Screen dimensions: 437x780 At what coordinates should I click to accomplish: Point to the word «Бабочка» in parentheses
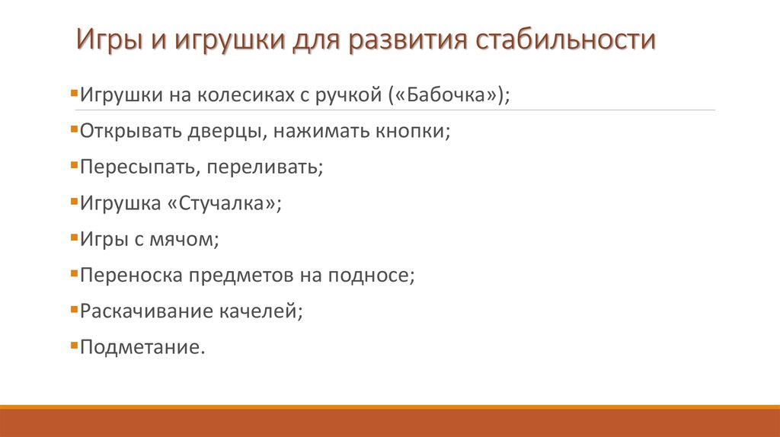pyautogui.click(x=449, y=96)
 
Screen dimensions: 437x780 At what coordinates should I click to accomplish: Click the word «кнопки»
pyautogui.click(x=411, y=132)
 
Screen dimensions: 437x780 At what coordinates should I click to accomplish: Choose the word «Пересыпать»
pyautogui.click(x=139, y=167)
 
